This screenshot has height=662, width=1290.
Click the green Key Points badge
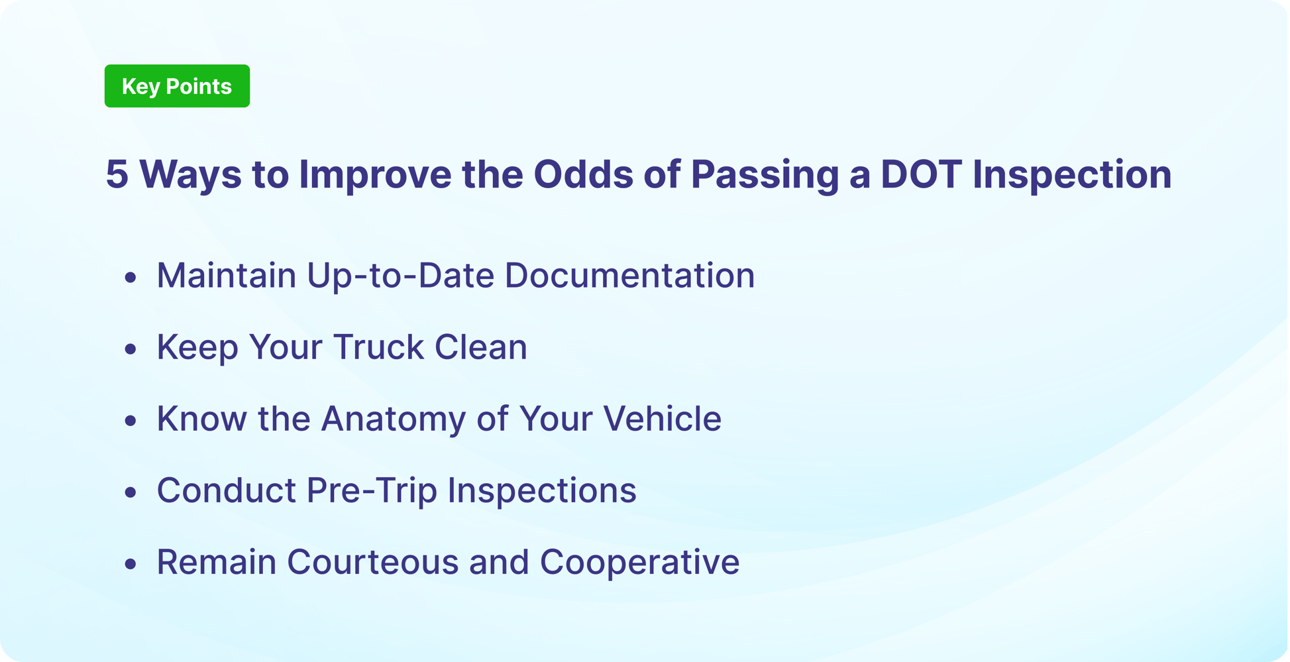(x=177, y=86)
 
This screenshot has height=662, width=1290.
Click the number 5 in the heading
(x=117, y=175)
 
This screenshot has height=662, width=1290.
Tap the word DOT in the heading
(x=920, y=175)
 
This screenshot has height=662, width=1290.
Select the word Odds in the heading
(x=583, y=175)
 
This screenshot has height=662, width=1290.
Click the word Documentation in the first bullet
(x=629, y=276)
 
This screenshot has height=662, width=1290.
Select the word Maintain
(x=226, y=276)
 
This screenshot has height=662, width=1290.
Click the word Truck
(x=378, y=347)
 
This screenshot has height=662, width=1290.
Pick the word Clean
(x=480, y=347)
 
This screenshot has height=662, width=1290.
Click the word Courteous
(x=372, y=563)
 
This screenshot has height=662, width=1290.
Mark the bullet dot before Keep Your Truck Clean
(x=131, y=349)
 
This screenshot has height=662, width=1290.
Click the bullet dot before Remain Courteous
(x=131, y=564)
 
